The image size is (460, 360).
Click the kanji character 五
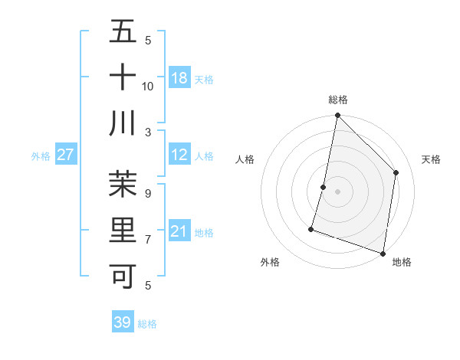click(x=123, y=31)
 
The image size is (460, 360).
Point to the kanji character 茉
click(x=123, y=184)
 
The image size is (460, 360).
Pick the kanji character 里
click(x=123, y=230)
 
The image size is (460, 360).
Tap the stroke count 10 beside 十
click(x=148, y=86)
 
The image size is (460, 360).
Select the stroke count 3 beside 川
click(x=149, y=132)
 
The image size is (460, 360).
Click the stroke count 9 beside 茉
click(x=148, y=193)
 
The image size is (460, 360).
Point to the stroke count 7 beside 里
click(x=148, y=239)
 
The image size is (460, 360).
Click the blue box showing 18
click(x=179, y=78)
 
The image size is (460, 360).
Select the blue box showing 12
click(x=179, y=155)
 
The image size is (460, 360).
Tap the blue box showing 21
click(x=179, y=231)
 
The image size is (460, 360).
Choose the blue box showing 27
click(x=65, y=155)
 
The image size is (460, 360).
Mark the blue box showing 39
click(x=123, y=322)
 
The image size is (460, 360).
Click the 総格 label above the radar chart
click(x=337, y=100)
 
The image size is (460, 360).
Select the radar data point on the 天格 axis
click(x=396, y=172)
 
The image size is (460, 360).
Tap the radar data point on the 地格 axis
click(x=383, y=253)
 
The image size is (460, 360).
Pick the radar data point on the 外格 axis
click(x=311, y=228)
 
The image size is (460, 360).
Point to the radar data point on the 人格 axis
click(x=324, y=187)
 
